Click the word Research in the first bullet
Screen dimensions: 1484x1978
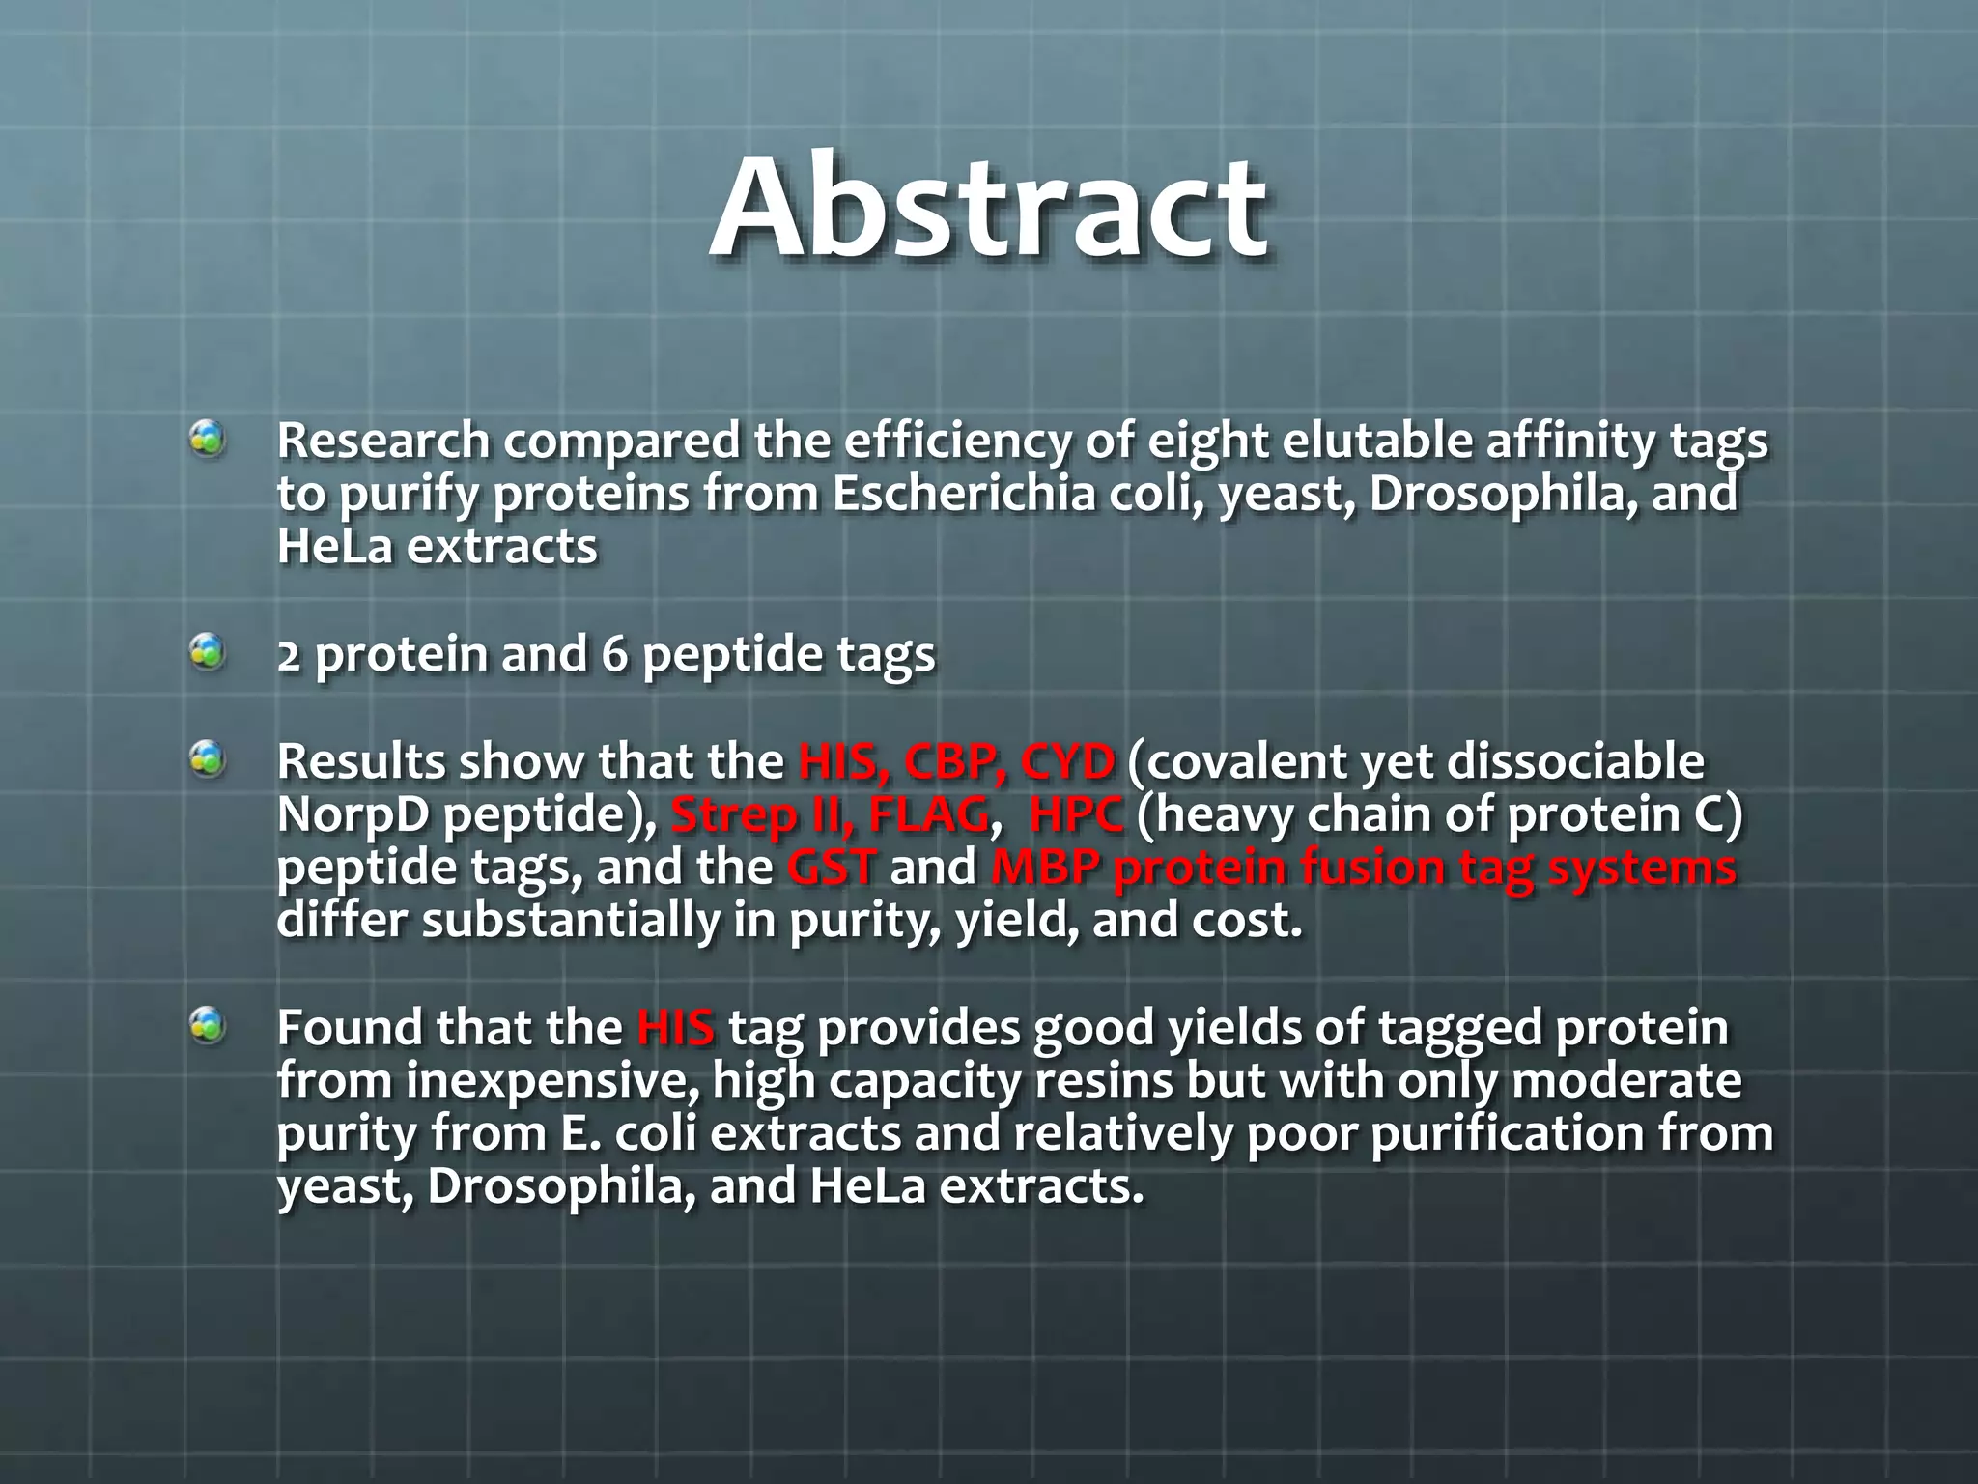point(383,442)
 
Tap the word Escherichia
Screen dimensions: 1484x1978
point(964,494)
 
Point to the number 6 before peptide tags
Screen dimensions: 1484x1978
point(614,654)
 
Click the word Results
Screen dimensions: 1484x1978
point(360,761)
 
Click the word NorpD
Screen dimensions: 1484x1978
point(353,814)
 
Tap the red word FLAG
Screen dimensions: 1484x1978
point(928,814)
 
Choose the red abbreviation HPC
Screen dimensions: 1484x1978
point(1076,814)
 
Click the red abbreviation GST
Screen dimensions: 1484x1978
point(832,867)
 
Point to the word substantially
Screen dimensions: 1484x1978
point(571,920)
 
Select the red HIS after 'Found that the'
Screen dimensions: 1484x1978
point(675,1027)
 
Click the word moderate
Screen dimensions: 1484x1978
point(1626,1080)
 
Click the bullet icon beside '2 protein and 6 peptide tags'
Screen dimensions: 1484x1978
point(207,652)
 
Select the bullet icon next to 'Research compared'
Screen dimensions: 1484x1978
point(207,440)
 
